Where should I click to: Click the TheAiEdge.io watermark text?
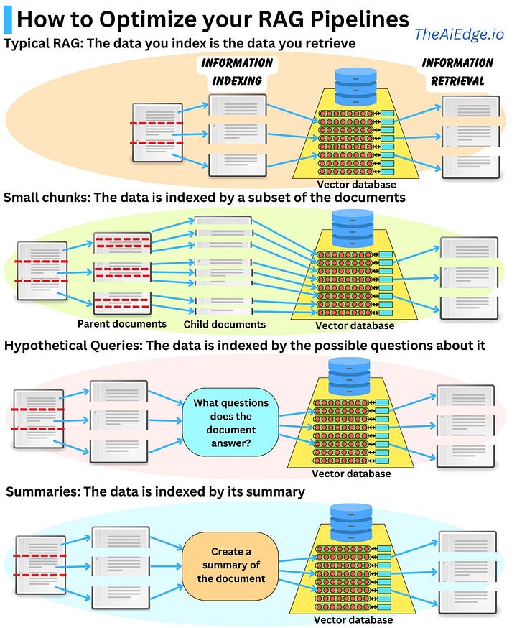pos(460,33)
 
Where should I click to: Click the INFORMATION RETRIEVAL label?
pos(457,72)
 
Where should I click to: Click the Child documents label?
pos(224,325)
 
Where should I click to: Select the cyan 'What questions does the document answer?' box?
pos(231,423)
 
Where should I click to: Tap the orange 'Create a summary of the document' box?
pos(230,565)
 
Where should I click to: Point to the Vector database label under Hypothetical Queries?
pos(351,474)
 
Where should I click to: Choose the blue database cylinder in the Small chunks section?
pos(353,228)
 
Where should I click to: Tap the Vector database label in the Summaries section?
pos(353,619)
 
